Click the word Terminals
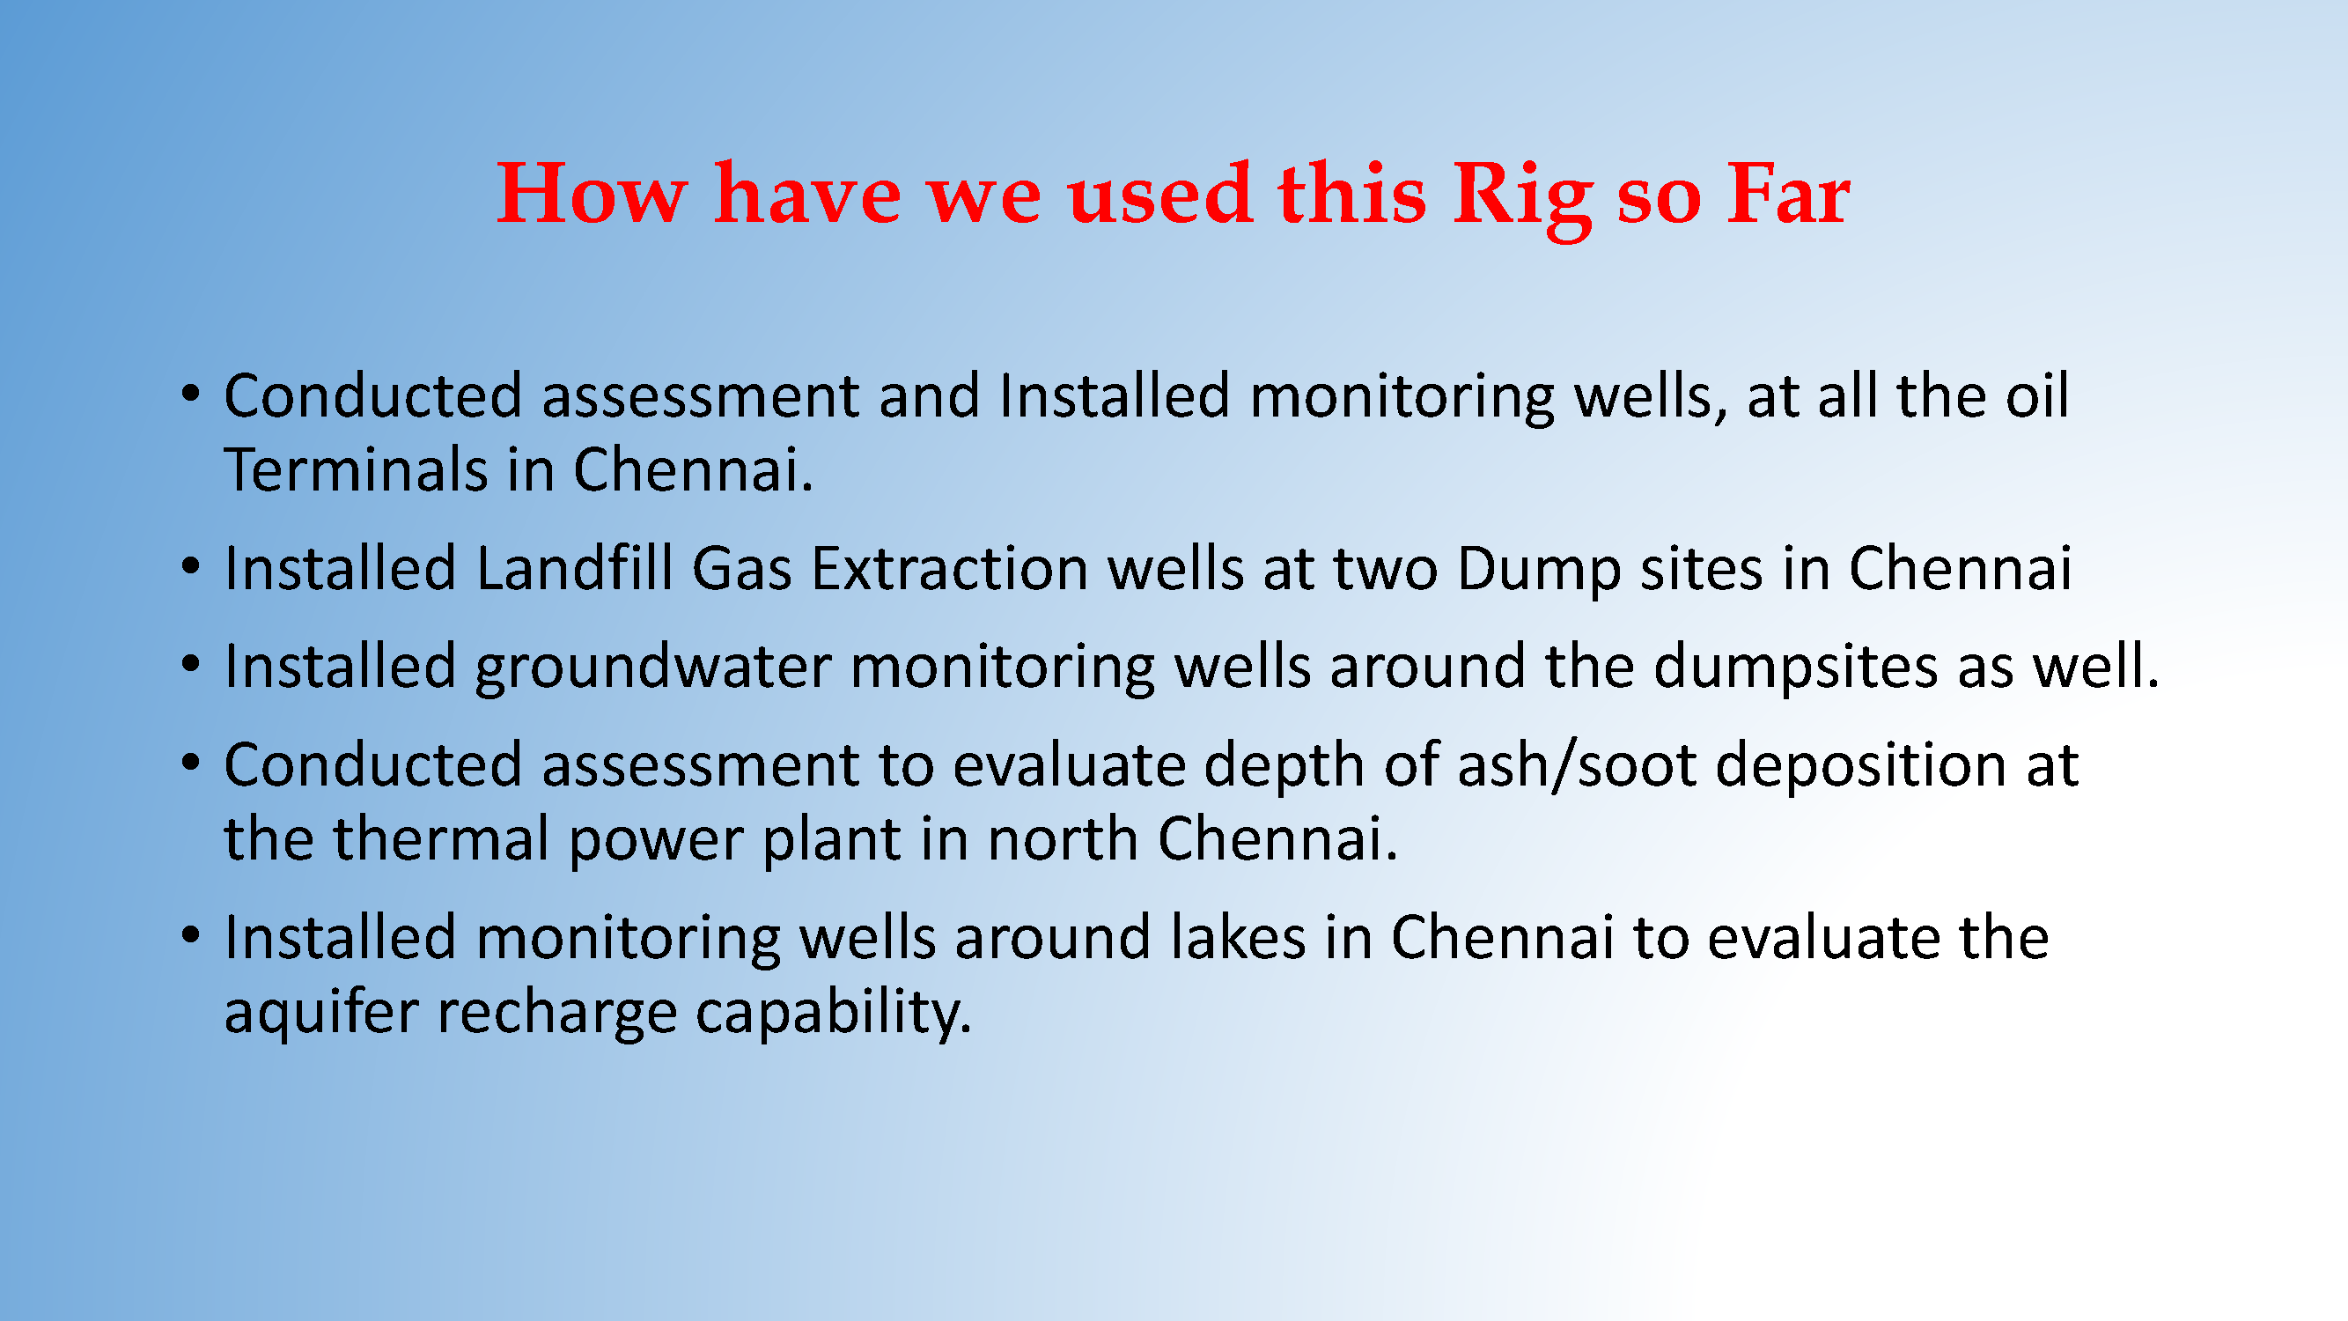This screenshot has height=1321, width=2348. click(x=357, y=469)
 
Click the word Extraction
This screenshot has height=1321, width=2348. click(x=950, y=568)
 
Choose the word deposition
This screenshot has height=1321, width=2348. click(x=1860, y=766)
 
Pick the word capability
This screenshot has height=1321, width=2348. click(x=833, y=1013)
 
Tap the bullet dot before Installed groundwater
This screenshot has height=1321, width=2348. click(x=189, y=665)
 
